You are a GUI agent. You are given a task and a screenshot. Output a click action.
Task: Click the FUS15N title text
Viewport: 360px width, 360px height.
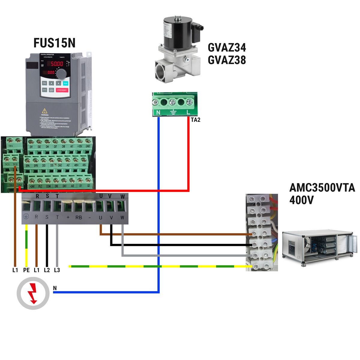[54, 43]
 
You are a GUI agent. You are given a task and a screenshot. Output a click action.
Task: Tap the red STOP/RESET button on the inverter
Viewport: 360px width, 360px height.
[62, 90]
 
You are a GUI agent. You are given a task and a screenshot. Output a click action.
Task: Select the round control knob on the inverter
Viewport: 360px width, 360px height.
[62, 73]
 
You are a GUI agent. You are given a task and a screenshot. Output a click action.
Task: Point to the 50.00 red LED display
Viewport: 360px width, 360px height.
[56, 64]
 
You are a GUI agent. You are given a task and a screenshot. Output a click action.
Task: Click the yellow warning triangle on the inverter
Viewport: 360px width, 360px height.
[45, 111]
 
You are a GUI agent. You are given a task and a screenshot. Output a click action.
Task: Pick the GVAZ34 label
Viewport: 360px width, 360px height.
[227, 47]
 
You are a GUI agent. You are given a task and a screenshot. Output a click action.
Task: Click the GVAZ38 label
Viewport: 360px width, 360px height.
[227, 60]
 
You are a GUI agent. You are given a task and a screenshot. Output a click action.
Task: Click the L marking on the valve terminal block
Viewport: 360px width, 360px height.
[188, 112]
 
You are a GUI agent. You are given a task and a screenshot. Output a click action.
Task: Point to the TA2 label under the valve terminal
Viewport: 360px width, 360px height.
[195, 120]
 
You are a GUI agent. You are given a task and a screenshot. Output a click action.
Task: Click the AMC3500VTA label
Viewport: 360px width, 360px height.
[322, 188]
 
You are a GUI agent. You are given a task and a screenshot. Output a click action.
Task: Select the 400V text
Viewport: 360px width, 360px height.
[301, 200]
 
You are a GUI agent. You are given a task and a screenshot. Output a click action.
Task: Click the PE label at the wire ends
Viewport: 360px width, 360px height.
[26, 270]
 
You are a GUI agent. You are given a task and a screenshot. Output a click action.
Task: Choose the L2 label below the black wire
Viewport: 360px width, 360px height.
[47, 270]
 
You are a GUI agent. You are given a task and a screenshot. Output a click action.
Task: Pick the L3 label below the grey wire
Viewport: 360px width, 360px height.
[57, 270]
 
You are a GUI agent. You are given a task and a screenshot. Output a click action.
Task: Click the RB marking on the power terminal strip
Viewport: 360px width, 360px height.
[79, 217]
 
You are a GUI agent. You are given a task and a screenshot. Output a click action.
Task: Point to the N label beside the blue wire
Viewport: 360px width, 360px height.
[55, 288]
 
